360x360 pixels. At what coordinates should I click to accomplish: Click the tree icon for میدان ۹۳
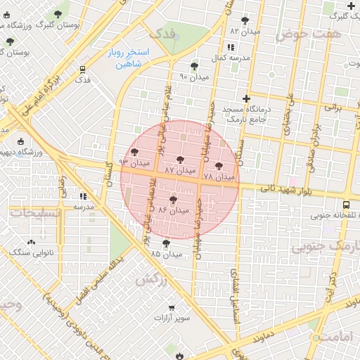click(134, 152)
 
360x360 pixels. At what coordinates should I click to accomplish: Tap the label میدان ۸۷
click(179, 171)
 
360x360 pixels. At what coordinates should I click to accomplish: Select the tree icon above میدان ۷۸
click(219, 166)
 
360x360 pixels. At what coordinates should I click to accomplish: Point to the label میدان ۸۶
click(174, 210)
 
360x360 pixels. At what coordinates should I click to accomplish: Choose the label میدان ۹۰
click(194, 76)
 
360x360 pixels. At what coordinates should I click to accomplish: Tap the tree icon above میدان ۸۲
click(245, 21)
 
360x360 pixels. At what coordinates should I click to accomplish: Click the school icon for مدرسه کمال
click(213, 58)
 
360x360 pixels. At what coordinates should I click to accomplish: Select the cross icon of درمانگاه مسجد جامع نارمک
click(245, 99)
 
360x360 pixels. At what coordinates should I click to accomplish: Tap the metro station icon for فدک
click(83, 70)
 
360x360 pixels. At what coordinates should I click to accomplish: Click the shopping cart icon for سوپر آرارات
click(172, 308)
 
